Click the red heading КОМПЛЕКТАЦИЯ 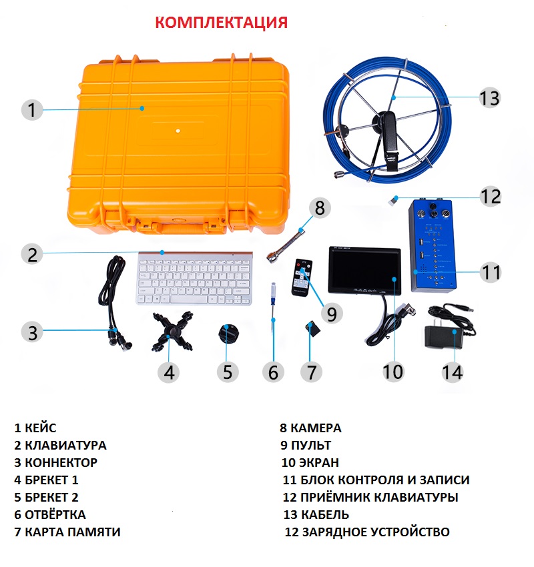222,23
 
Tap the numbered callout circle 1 32,109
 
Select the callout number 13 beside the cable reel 489,97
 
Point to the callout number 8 320,208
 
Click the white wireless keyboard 194,278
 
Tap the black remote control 302,277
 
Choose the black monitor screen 364,270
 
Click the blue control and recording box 432,244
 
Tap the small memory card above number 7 313,328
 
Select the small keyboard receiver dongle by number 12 393,200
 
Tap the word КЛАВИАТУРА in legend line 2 65,445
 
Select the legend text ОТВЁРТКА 55,514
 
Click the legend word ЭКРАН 320,462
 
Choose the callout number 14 453,372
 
